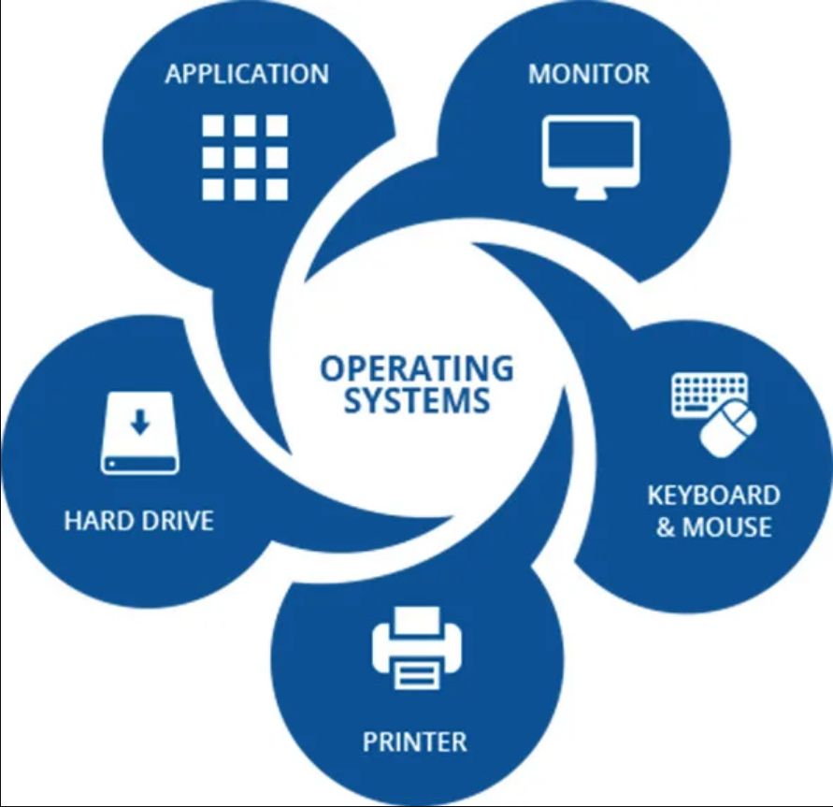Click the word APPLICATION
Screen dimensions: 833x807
(247, 74)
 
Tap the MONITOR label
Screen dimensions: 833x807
(589, 74)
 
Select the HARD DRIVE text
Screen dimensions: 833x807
(139, 520)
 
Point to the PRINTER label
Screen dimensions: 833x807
(415, 742)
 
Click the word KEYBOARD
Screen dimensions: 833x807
(714, 496)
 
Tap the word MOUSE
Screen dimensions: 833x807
(726, 527)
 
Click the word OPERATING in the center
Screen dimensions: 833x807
(417, 368)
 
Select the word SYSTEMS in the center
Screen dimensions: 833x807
(417, 400)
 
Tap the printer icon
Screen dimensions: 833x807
(417, 648)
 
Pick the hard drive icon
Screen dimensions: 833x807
(139, 433)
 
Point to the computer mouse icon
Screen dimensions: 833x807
(728, 427)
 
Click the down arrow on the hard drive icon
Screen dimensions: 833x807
(140, 422)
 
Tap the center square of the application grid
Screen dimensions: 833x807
(245, 158)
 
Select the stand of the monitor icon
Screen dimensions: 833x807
(591, 195)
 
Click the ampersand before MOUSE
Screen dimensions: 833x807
(666, 527)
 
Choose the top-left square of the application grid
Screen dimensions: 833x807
(213, 126)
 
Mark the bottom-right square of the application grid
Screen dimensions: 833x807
(277, 190)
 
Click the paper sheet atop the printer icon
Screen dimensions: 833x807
(418, 621)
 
